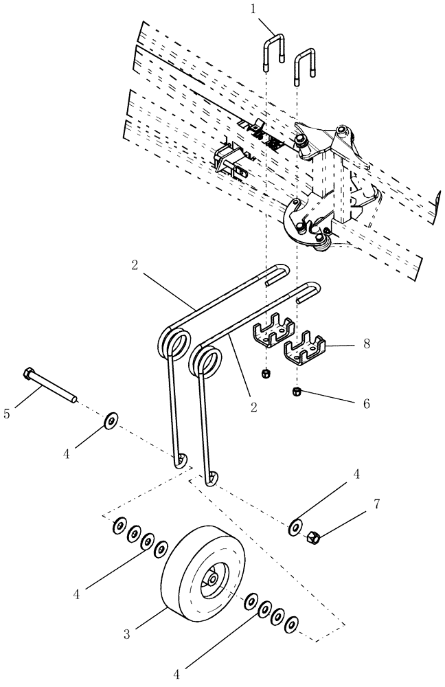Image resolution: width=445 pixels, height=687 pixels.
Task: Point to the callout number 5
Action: point(8,414)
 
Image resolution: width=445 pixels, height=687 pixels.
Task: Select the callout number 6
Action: point(365,403)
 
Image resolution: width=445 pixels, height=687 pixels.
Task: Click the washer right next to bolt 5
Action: point(111,419)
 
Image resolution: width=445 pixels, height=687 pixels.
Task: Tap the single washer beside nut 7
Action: point(295,526)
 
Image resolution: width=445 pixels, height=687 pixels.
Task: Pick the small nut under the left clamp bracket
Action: point(266,374)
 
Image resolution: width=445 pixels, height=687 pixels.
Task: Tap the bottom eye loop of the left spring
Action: point(181,458)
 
